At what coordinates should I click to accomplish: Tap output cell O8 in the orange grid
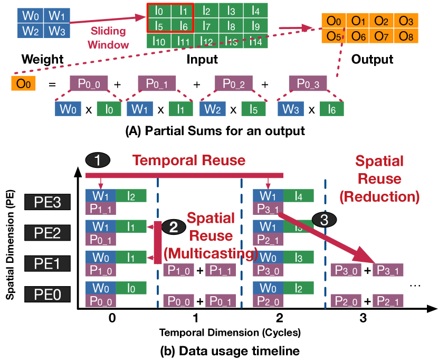406,36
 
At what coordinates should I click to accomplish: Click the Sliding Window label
111,38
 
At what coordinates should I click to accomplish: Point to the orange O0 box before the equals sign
23,83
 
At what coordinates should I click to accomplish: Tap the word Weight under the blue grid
40,59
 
